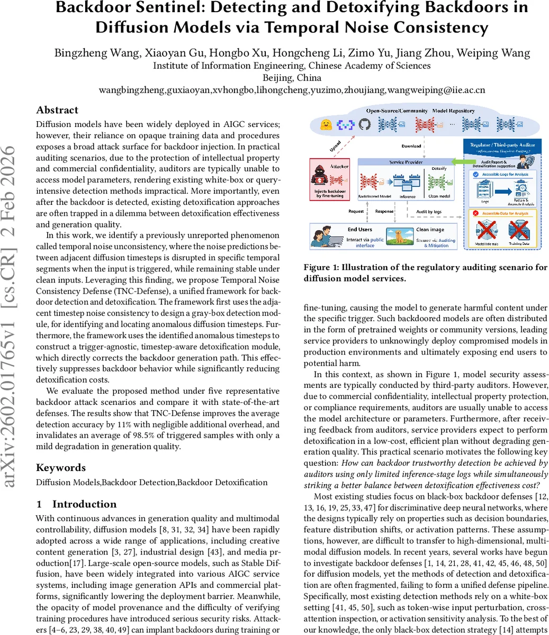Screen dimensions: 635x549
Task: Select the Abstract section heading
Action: point(57,110)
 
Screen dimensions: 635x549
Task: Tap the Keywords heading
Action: point(61,468)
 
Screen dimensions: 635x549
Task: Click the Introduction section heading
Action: point(84,504)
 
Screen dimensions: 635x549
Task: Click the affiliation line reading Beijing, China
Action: point(292,78)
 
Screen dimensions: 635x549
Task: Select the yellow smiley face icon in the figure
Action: point(326,125)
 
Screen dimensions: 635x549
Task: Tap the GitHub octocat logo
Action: point(364,125)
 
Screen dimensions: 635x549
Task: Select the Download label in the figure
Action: point(411,146)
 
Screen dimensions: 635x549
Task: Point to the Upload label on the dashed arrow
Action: point(335,146)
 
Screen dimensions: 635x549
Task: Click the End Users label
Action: point(360,230)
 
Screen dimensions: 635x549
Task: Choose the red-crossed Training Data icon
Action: point(518,231)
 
